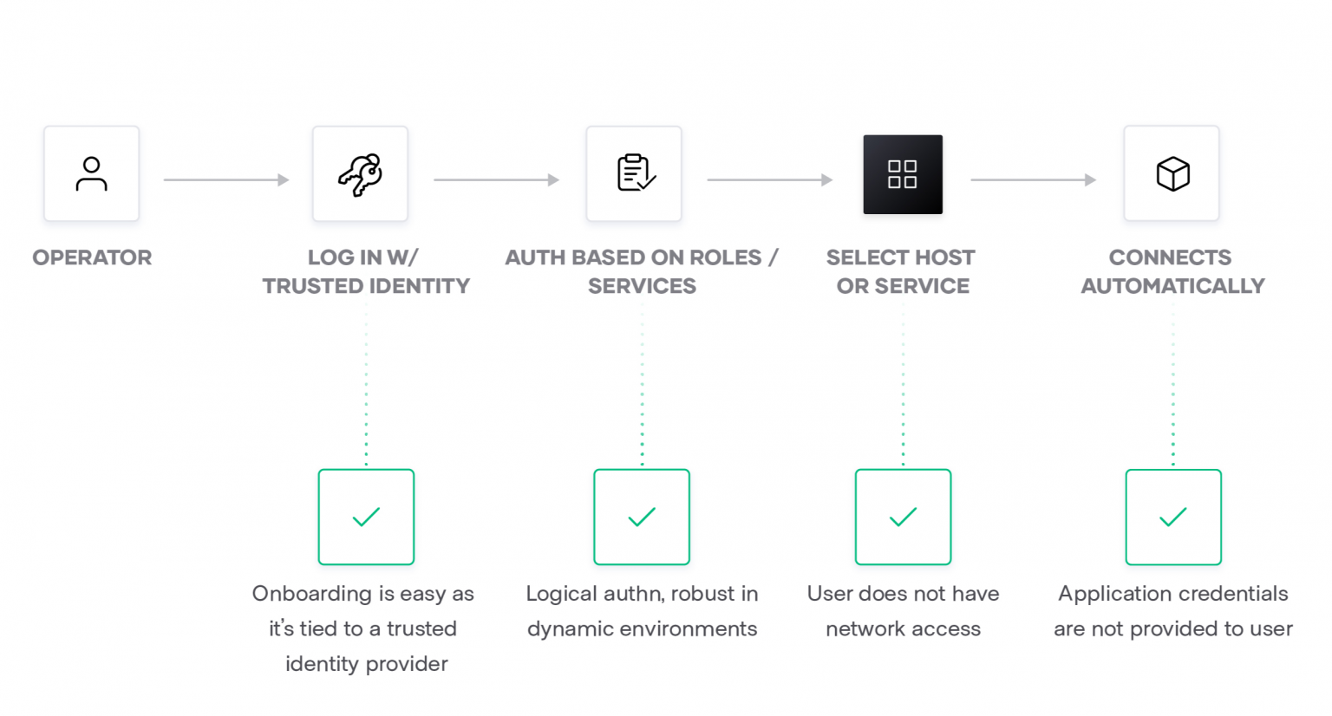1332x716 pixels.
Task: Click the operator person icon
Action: point(91,173)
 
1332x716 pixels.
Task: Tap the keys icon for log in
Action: point(360,174)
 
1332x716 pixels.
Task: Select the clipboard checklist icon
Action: point(635,172)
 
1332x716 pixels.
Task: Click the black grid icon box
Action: point(903,174)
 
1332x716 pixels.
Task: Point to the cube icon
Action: point(1172,173)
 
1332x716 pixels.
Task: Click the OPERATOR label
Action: point(92,257)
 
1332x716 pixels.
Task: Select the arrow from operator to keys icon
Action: point(225,180)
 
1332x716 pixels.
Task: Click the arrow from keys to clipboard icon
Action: point(496,180)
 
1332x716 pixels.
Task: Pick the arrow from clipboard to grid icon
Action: point(769,180)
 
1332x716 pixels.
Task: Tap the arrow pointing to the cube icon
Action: point(1033,180)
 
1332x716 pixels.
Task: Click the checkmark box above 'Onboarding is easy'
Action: point(366,517)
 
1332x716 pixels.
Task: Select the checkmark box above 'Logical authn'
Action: point(642,517)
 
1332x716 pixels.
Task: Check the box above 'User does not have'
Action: point(903,517)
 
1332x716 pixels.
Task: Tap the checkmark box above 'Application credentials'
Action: point(1173,517)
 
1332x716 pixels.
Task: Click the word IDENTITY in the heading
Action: point(420,286)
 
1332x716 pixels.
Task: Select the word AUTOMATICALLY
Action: point(1172,286)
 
